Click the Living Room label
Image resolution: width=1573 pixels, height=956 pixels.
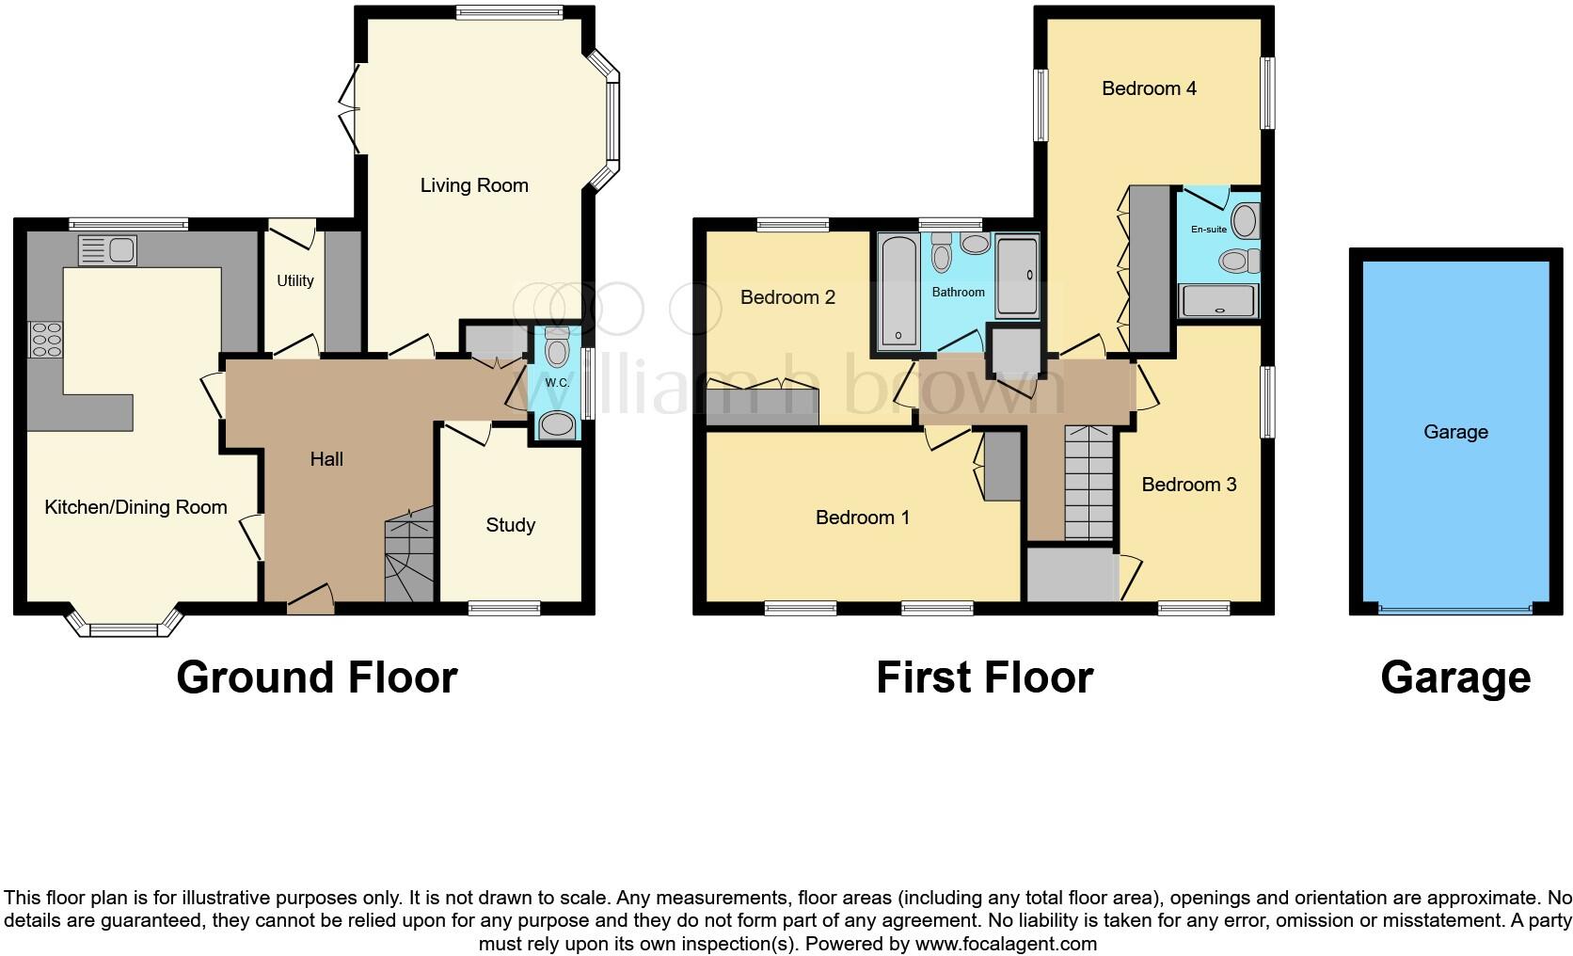(474, 185)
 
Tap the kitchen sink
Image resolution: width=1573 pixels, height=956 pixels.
(107, 250)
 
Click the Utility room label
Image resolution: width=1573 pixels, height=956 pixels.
(294, 280)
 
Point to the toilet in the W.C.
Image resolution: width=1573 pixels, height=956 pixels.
(557, 349)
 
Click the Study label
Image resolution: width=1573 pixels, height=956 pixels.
(510, 525)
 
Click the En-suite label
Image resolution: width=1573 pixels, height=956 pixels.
(1208, 229)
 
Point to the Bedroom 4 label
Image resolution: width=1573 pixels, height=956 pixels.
(1149, 88)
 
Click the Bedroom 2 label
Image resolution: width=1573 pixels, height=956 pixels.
(787, 297)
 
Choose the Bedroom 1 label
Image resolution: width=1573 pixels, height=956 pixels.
(862, 518)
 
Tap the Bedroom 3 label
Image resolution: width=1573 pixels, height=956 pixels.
(1188, 485)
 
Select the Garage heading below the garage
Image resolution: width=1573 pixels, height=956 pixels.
(1454, 677)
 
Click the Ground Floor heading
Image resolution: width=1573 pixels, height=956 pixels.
(316, 677)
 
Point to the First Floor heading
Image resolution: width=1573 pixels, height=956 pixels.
(984, 677)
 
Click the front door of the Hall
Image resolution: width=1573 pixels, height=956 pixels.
(310, 600)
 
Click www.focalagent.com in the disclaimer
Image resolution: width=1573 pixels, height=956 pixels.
(1006, 944)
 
